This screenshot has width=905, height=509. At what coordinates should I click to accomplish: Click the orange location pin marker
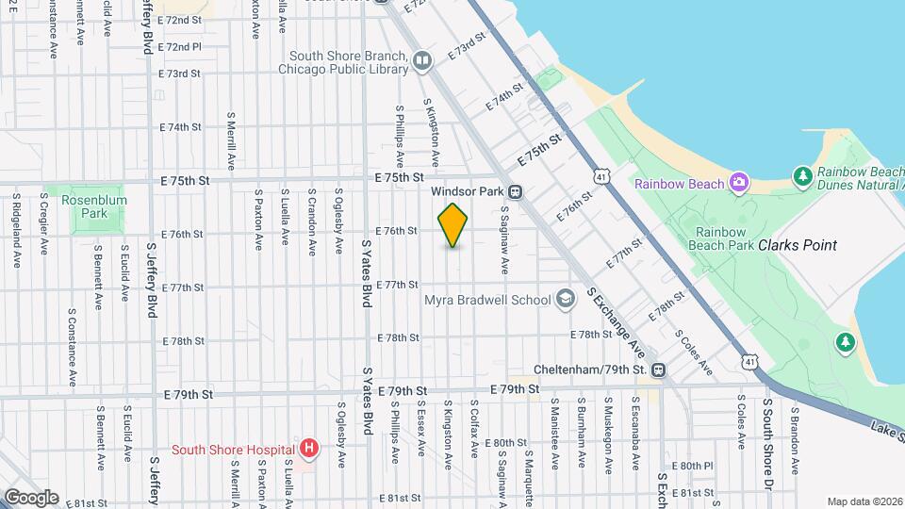click(x=453, y=225)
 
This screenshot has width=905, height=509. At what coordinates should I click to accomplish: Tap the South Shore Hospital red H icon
click(x=307, y=449)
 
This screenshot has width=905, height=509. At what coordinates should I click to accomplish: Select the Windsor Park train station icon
click(x=516, y=191)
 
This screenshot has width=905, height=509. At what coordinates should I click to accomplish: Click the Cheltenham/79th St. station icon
click(x=658, y=369)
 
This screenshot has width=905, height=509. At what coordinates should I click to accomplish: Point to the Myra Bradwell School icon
click(x=565, y=300)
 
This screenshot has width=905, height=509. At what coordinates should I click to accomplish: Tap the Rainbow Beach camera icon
click(x=738, y=183)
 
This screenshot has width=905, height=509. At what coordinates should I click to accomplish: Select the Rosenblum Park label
click(x=93, y=207)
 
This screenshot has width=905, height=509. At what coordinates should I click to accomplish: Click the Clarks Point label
click(x=798, y=245)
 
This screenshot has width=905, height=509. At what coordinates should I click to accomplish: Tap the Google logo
click(x=31, y=497)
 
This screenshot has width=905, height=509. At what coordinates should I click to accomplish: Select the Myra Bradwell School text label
click(x=489, y=301)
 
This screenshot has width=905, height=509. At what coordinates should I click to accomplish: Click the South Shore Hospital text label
click(x=232, y=449)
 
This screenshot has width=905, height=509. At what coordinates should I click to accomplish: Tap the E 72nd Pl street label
click(x=180, y=46)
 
